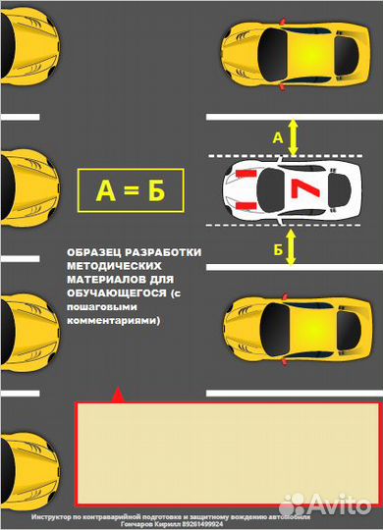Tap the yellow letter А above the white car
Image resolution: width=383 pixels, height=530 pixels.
(277, 139)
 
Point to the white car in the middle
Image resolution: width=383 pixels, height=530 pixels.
(291, 189)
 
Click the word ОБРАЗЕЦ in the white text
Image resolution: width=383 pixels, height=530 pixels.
(102, 251)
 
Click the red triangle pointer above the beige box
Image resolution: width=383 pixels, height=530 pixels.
(119, 395)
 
